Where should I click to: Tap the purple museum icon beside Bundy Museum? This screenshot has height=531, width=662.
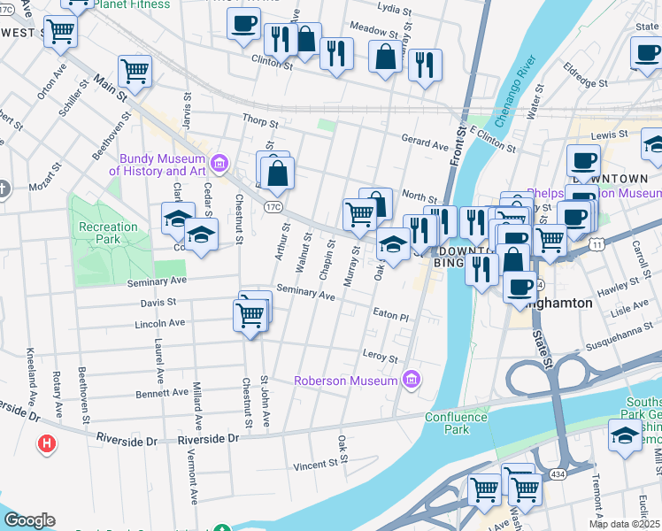[x=220, y=165]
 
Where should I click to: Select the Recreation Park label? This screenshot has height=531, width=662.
[x=108, y=234]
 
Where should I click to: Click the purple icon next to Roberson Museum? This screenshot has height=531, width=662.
[x=410, y=381]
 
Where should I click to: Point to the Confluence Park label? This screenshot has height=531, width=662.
[x=456, y=423]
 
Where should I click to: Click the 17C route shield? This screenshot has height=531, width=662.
[x=273, y=208]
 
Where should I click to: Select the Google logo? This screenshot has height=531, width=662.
[x=28, y=519]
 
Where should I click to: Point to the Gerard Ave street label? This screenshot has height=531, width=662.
[x=425, y=141]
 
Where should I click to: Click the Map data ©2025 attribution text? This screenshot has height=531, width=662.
[x=624, y=524]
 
